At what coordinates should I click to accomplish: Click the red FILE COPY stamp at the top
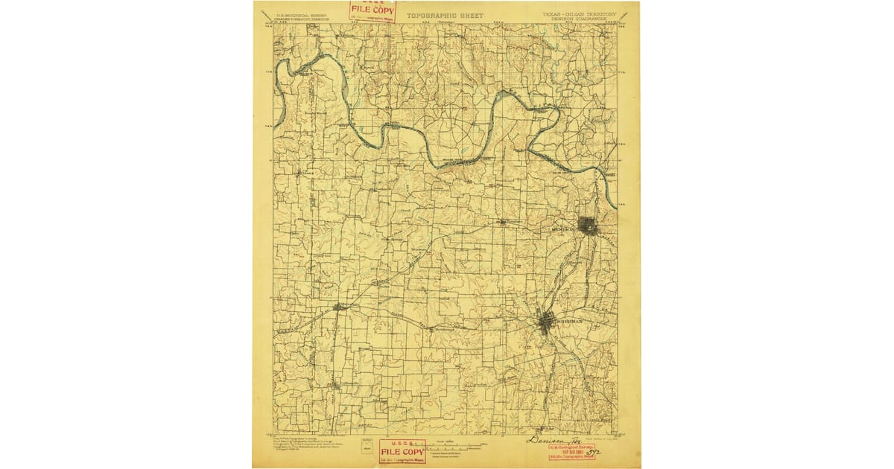click(373, 10)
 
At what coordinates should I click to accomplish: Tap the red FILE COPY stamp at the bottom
click(402, 452)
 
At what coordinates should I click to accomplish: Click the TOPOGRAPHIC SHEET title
click(445, 15)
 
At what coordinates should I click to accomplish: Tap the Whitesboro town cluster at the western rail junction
click(340, 306)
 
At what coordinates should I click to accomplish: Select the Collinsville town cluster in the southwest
click(337, 385)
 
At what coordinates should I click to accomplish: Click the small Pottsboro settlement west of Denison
click(503, 222)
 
